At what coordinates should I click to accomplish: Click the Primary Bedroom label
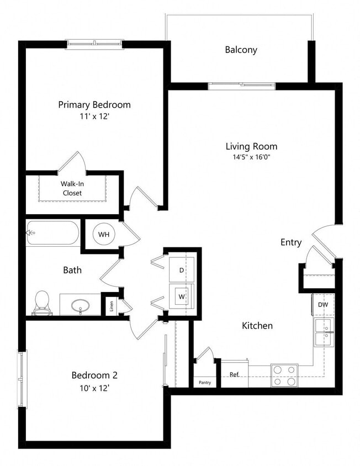[94, 104]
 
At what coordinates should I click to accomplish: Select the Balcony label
[241, 50]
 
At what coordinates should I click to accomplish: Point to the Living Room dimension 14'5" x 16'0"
[251, 157]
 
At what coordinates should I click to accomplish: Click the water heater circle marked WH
[104, 235]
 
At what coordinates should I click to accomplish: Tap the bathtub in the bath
[53, 234]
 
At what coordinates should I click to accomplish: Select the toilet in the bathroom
[42, 303]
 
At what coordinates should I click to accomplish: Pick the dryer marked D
[182, 270]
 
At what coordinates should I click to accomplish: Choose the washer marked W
[182, 296]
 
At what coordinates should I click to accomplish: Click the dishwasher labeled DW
[323, 304]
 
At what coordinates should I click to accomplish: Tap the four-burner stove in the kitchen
[284, 375]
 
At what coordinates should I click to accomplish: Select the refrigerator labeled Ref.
[234, 375]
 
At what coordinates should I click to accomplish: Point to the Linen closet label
[111, 305]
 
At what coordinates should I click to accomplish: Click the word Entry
[291, 242]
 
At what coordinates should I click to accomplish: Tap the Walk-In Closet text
[71, 188]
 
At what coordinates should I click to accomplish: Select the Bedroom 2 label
[94, 375]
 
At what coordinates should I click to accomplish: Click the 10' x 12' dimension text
[94, 388]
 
